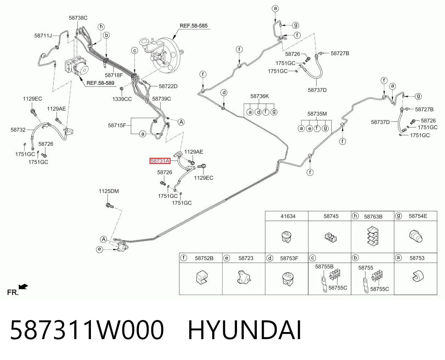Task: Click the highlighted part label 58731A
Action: [160, 161]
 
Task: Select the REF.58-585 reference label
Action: [193, 26]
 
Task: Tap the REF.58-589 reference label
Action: [100, 83]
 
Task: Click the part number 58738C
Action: [78, 18]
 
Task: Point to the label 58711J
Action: [43, 36]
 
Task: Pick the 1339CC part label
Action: [122, 99]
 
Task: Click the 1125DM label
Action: [109, 191]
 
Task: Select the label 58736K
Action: [260, 96]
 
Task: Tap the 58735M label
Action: [317, 114]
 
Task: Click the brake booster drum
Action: [169, 56]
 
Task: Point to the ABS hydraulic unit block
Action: [76, 65]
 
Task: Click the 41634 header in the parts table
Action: [288, 216]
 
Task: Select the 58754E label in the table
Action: [418, 216]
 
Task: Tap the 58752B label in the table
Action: [204, 258]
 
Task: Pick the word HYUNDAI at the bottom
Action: [245, 330]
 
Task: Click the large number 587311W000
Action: [87, 330]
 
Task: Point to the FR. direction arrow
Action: [23, 286]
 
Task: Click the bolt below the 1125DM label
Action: [110, 206]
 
